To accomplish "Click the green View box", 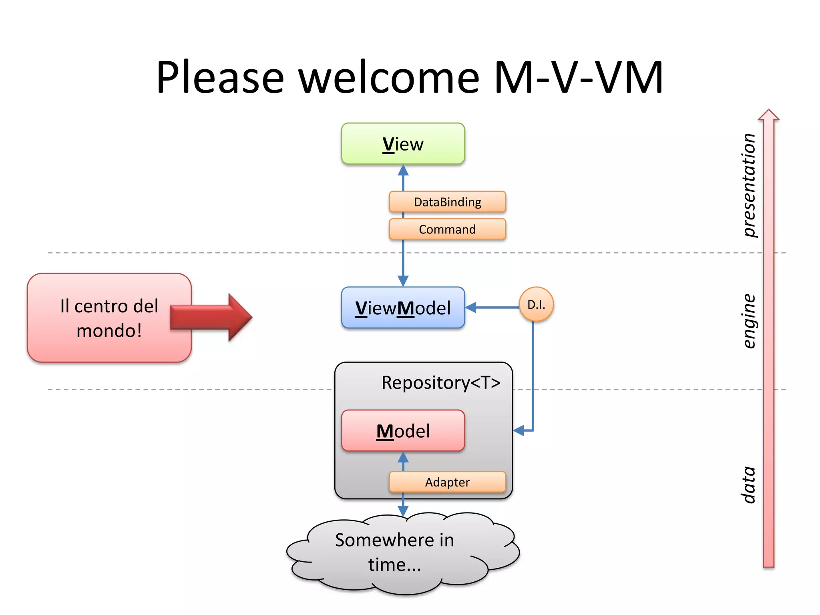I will [x=403, y=144].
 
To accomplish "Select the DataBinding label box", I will [x=447, y=202].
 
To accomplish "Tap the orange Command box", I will [x=447, y=229].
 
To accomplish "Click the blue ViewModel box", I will [x=403, y=308].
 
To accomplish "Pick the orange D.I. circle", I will [x=536, y=305].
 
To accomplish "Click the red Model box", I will [x=403, y=431].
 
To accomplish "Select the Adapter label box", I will [x=447, y=482].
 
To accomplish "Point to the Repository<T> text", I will [x=441, y=383].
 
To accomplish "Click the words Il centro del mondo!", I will [x=109, y=318].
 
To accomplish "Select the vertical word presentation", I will [x=748, y=185].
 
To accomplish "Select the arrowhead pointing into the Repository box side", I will [x=519, y=431].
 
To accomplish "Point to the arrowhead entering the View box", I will [x=403, y=171].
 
